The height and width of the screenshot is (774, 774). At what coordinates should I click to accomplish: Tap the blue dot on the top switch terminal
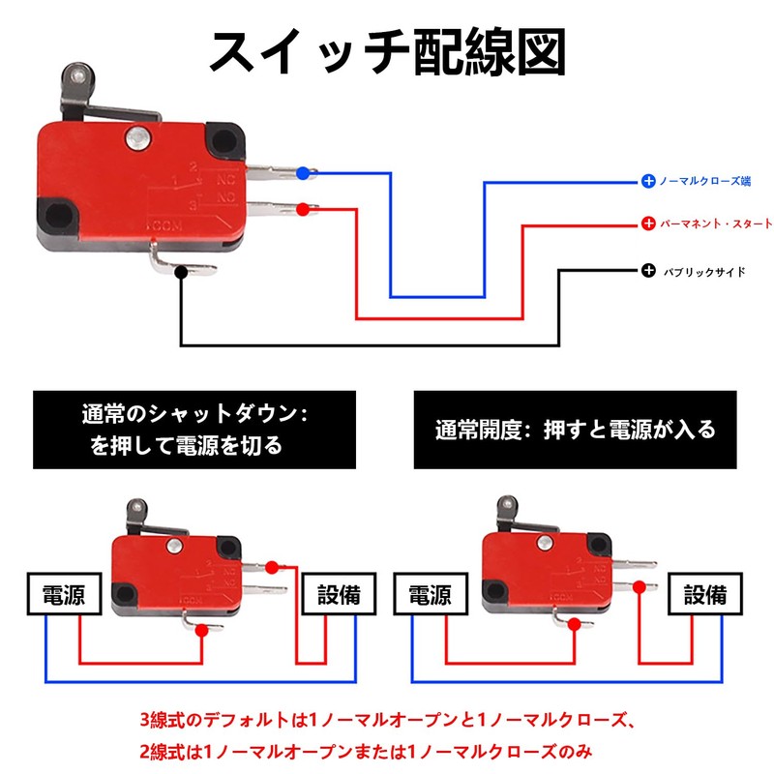(303, 173)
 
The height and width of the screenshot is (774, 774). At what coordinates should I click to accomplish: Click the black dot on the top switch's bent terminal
(181, 273)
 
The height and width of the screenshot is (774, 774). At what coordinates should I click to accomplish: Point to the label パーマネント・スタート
(715, 223)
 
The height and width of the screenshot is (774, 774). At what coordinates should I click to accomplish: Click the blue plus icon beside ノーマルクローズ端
(648, 181)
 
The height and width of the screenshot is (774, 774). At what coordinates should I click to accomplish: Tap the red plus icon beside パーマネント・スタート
(648, 223)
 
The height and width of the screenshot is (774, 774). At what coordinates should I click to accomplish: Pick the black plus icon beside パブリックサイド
(648, 270)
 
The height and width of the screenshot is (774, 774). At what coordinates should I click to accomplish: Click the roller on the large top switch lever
(74, 74)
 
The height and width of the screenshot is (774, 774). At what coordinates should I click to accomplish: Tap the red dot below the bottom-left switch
(201, 631)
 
